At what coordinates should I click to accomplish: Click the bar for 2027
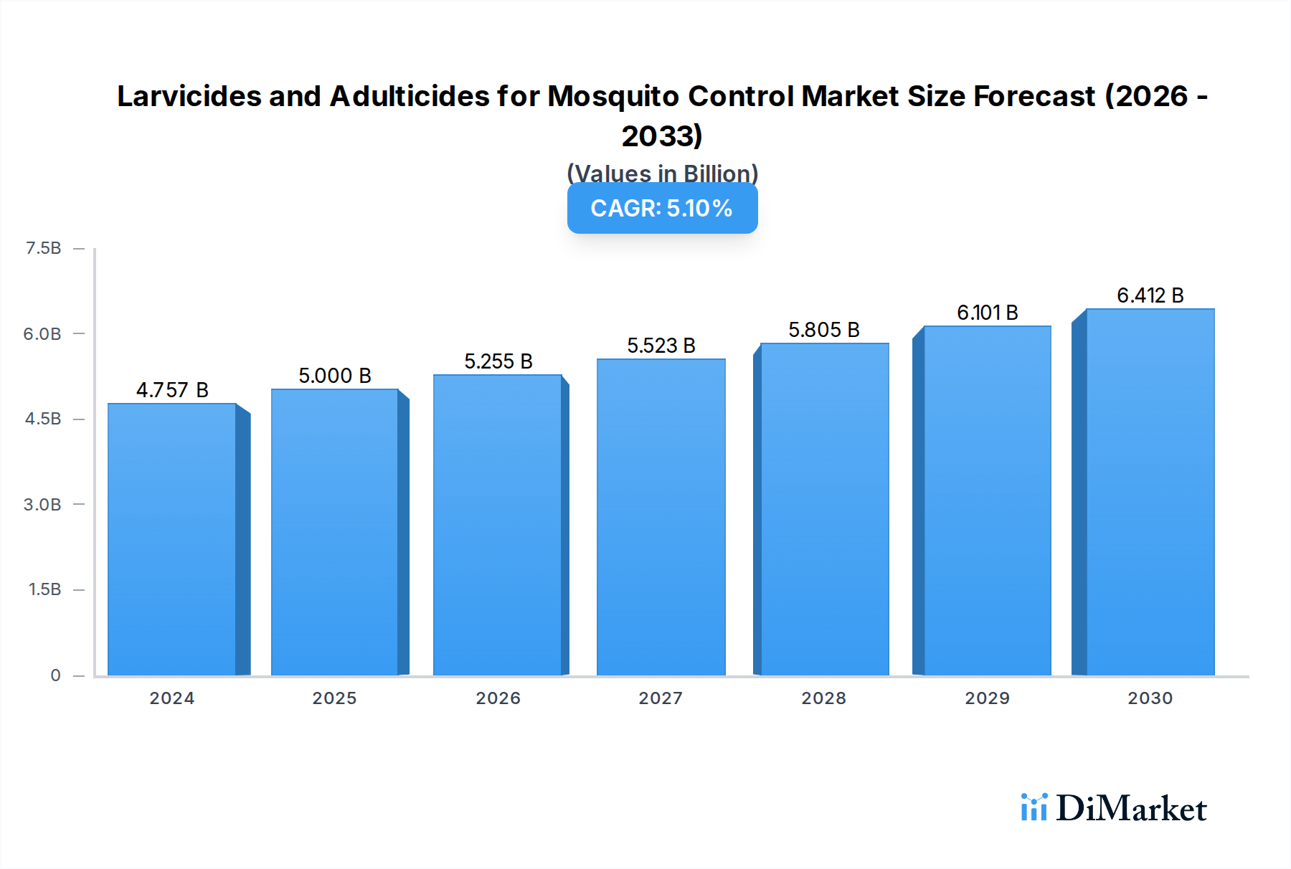(661, 517)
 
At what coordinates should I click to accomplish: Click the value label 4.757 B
(172, 390)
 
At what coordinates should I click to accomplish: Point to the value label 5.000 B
(335, 376)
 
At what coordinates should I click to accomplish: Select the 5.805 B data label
(823, 330)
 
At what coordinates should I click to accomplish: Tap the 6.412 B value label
(1150, 295)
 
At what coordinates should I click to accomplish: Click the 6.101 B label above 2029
(987, 313)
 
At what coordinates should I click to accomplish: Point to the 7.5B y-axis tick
(43, 248)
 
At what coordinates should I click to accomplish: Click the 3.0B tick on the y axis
(42, 504)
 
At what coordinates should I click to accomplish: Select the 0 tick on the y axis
(55, 675)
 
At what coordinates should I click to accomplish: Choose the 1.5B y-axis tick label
(44, 589)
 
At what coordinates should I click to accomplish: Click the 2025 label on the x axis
(334, 698)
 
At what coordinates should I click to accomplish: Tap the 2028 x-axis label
(823, 698)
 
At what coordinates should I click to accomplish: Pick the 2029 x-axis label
(987, 698)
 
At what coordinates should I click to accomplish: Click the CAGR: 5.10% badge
(662, 208)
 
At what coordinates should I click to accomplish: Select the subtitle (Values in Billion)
(662, 173)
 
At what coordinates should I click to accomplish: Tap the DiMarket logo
(1113, 808)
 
